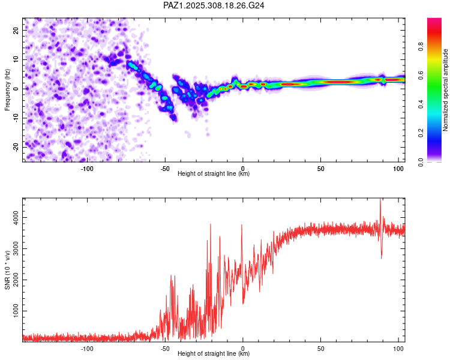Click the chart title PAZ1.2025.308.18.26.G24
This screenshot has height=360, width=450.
tap(214, 5)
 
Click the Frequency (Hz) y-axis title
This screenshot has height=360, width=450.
tap(8, 89)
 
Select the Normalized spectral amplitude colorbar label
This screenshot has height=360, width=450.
tap(445, 90)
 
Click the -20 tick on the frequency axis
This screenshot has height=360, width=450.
tap(14, 147)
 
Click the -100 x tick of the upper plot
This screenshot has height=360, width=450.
tap(87, 169)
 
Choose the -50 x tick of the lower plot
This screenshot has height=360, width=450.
tap(165, 349)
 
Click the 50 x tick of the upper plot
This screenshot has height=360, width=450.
tap(320, 169)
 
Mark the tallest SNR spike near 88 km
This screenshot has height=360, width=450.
tap(380, 200)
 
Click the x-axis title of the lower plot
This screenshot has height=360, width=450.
tap(214, 354)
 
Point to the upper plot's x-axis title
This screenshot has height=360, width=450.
tap(214, 174)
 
